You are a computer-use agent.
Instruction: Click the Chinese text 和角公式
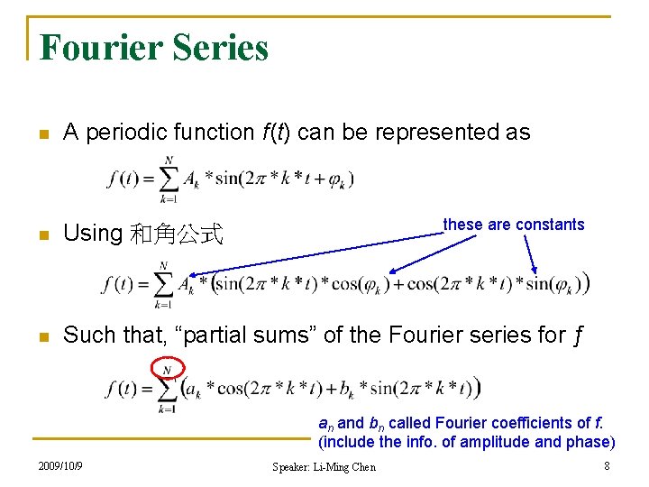(176, 234)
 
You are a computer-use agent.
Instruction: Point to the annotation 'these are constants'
(514, 225)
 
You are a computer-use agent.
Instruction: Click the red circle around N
(169, 368)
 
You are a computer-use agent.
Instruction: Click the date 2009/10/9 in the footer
(61, 465)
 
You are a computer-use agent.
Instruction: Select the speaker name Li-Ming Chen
(346, 466)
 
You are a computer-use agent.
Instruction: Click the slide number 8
(608, 465)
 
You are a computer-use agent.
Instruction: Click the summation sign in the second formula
(162, 285)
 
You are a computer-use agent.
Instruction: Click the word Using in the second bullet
(93, 234)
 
